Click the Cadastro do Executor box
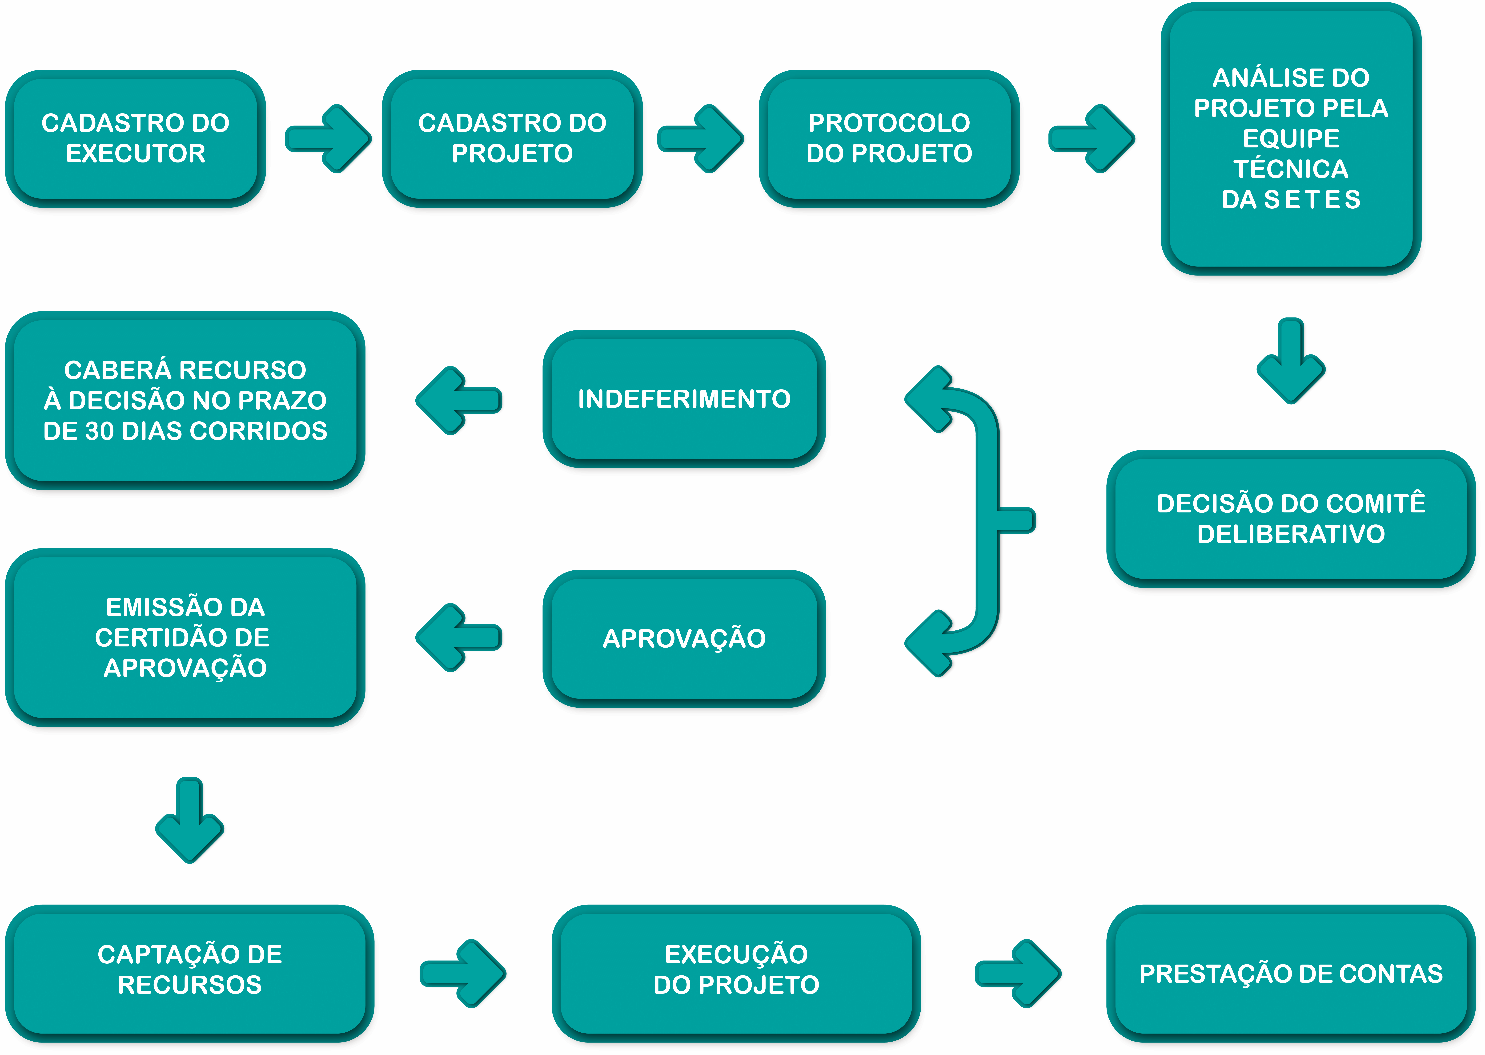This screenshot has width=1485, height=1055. click(x=136, y=138)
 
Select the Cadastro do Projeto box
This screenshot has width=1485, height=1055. click(x=512, y=138)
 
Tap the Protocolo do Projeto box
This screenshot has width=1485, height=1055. click(x=889, y=138)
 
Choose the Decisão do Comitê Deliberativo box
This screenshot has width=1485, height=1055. click(x=1291, y=518)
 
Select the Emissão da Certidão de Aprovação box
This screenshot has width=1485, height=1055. click(x=185, y=637)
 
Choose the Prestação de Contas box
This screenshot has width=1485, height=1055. click(x=1291, y=973)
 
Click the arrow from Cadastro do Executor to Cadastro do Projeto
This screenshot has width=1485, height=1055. click(x=328, y=138)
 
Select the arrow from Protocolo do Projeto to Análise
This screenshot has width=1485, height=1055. click(x=1092, y=138)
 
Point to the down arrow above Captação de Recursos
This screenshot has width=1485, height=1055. click(x=190, y=820)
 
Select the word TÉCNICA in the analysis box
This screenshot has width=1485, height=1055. click(x=1291, y=169)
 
